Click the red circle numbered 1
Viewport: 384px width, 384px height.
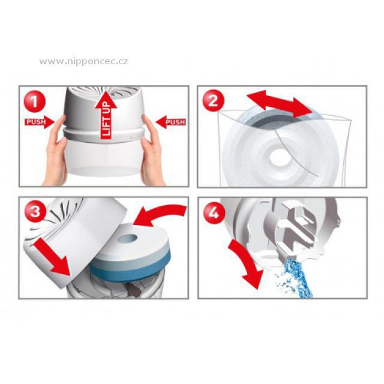coord(35,101)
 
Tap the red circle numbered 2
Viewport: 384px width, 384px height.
coord(213,101)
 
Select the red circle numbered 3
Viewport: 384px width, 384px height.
coord(35,211)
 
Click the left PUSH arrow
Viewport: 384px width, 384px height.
coord(39,122)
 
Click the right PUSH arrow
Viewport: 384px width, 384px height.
coord(170,122)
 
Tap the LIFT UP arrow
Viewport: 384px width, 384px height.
coord(106,115)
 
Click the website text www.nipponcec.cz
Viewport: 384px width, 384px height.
coord(83,61)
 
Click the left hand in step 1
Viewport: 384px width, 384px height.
coord(55,152)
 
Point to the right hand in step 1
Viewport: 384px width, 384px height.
coord(153,152)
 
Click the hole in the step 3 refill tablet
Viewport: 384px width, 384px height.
coord(127,238)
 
